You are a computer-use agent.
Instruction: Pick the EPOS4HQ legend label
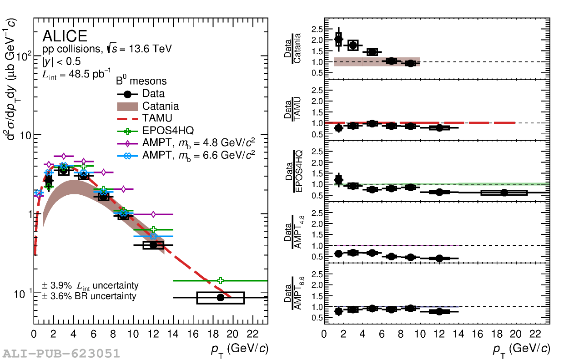pyautogui.click(x=168, y=131)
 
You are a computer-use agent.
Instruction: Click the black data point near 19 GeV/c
pyautogui.click(x=221, y=298)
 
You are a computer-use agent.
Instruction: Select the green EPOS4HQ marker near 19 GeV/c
pyautogui.click(x=221, y=280)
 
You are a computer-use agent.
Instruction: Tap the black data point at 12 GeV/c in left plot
pyautogui.click(x=153, y=245)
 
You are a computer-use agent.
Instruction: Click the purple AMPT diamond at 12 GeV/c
pyautogui.click(x=153, y=214)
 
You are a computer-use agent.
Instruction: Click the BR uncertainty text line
pyautogui.click(x=89, y=296)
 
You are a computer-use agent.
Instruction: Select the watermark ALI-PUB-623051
pyautogui.click(x=61, y=354)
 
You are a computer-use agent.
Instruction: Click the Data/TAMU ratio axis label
pyautogui.click(x=292, y=109)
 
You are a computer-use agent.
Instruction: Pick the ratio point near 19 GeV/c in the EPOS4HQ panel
pyautogui.click(x=504, y=193)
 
